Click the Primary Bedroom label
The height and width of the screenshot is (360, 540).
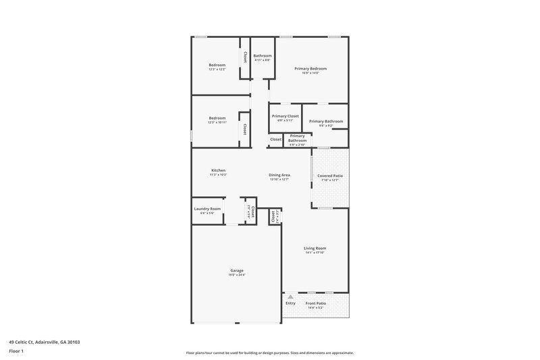point(310,69)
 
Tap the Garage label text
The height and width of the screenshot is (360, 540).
point(235,270)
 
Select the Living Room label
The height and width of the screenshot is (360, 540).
point(315,248)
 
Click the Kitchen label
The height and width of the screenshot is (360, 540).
point(218,170)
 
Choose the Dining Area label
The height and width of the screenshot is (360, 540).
point(279,175)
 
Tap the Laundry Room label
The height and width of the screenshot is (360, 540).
point(208,209)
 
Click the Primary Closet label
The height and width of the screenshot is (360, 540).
point(286,115)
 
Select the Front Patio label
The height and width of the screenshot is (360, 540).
point(316,303)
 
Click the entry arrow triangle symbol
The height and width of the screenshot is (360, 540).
point(291,296)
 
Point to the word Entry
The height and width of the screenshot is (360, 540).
point(291,303)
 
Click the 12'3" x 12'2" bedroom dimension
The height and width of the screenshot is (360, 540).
point(217,70)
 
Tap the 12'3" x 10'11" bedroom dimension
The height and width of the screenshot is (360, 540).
point(217,123)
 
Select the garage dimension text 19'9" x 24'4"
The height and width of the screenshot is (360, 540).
point(235,275)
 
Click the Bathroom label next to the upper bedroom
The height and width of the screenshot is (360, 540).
point(263,55)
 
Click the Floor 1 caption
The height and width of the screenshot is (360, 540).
point(17,351)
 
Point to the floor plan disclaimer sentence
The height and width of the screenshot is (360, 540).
point(270,353)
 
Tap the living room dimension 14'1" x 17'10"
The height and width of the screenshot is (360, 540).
point(315,253)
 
